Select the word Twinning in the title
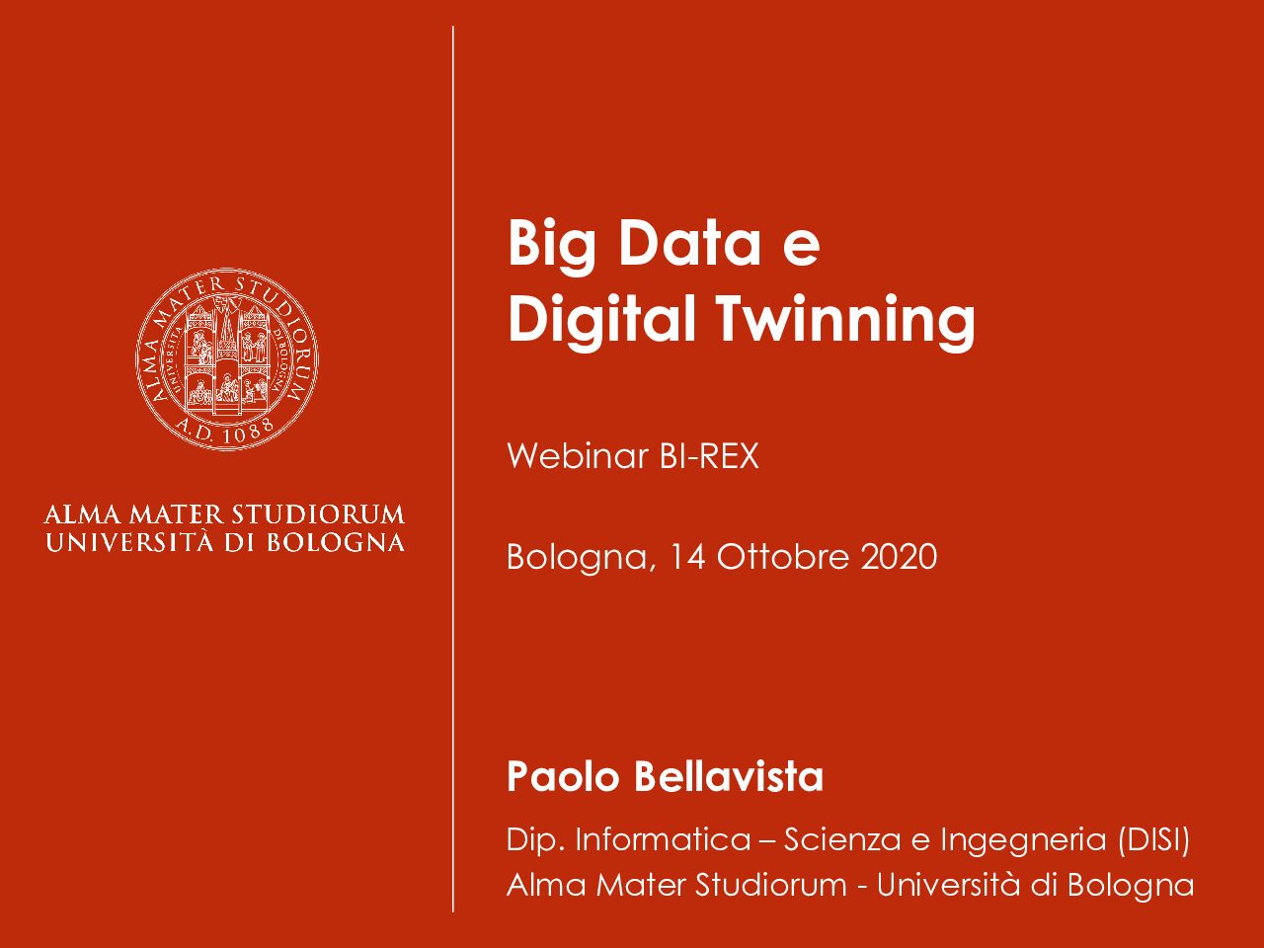(846, 319)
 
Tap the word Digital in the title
(601, 319)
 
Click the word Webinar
(578, 456)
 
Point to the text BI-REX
(709, 456)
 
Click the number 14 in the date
(688, 557)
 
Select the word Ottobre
(783, 557)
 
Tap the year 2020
(899, 557)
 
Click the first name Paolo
(563, 776)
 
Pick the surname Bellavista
(729, 776)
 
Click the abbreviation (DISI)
(1152, 839)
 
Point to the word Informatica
(664, 839)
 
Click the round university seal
(227, 359)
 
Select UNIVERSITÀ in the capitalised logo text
(129, 541)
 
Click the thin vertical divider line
(453, 469)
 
